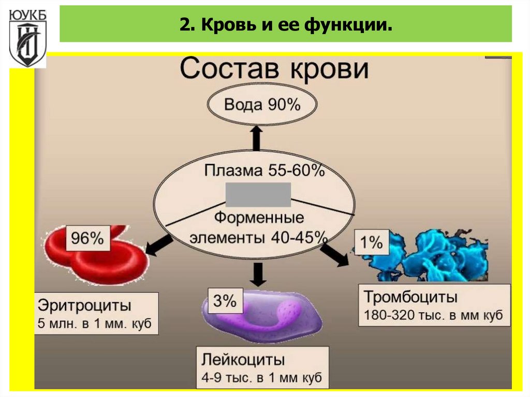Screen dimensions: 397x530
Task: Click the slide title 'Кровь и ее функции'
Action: (286, 24)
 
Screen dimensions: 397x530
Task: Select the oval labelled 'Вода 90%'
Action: (262, 105)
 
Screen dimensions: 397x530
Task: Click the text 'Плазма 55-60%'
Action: (264, 170)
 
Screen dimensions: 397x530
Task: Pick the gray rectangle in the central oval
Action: (258, 195)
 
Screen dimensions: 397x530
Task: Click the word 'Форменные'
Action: (259, 218)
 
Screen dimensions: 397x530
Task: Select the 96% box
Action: (87, 239)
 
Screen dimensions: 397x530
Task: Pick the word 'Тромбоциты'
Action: (410, 298)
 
